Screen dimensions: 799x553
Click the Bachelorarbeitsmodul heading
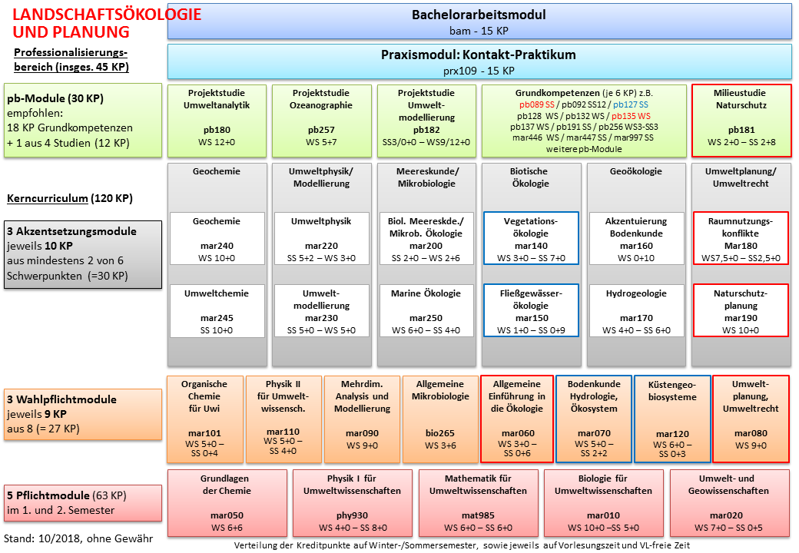tap(479, 15)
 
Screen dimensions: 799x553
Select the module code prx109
tap(459, 71)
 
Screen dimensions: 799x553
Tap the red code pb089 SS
tap(536, 105)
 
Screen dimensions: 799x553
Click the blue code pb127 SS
tap(630, 105)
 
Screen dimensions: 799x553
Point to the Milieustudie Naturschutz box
tap(741, 121)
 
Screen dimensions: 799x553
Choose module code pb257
tap(321, 130)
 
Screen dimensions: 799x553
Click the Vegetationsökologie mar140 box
tap(530, 238)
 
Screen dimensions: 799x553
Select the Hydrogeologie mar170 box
tap(636, 310)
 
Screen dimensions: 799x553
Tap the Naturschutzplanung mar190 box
tap(741, 310)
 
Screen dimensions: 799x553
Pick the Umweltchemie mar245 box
tap(217, 310)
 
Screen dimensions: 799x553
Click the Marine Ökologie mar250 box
tap(426, 310)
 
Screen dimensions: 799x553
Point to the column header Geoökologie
tap(636, 171)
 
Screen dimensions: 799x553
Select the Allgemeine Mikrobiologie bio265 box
tap(440, 419)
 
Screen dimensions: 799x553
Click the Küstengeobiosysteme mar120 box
tap(672, 419)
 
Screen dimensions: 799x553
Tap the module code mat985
tap(478, 515)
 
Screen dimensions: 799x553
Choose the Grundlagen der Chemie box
tap(227, 503)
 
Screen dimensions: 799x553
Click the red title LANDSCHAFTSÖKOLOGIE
tap(107, 15)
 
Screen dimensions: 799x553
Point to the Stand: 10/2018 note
tap(78, 538)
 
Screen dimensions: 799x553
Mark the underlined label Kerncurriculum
tap(48, 199)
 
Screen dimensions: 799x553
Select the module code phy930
tap(352, 515)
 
